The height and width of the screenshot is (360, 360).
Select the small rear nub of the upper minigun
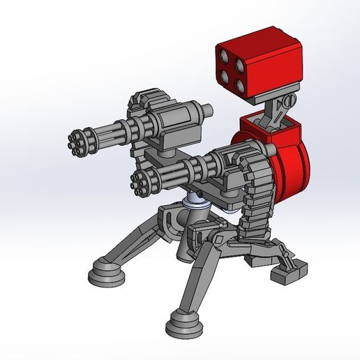pos(207,110)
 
